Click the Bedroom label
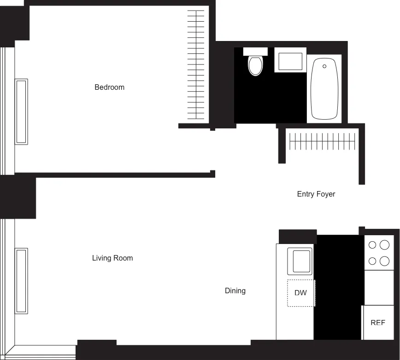[109, 87]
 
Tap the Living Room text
[112, 258]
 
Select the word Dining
[235, 290]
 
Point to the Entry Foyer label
[316, 194]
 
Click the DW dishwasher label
[300, 293]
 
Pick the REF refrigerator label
[378, 323]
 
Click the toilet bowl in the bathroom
[255, 66]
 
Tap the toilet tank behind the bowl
[255, 51]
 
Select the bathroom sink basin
[290, 61]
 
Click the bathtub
[324, 90]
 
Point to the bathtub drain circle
[324, 66]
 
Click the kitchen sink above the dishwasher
[300, 261]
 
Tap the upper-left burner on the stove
[372, 245]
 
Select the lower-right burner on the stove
[385, 261]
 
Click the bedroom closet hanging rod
[196, 64]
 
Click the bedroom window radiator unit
[21, 111]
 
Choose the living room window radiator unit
[21, 281]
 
